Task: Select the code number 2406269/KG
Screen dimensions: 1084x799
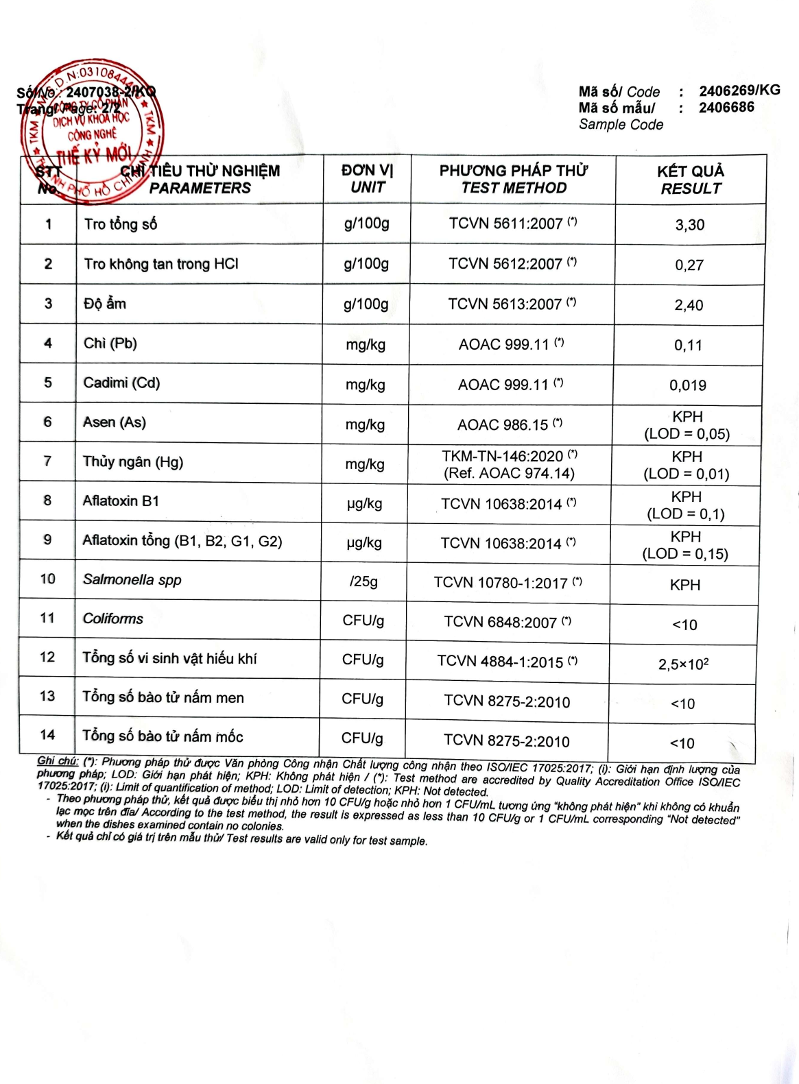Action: (x=739, y=91)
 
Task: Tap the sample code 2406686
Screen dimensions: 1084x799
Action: (x=726, y=108)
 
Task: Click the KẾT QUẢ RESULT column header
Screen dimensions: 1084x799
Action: (x=691, y=180)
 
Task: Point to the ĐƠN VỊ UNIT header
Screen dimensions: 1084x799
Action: (x=368, y=179)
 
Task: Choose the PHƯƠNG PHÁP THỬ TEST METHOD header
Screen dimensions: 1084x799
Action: (x=514, y=179)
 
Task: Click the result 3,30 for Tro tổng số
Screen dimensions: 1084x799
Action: (x=689, y=225)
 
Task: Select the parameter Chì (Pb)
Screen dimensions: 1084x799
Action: (x=110, y=343)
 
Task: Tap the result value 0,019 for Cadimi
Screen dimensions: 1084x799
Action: (x=688, y=385)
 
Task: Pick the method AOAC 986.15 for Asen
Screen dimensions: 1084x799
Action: (x=503, y=425)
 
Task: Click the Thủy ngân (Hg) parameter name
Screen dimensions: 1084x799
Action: (x=133, y=461)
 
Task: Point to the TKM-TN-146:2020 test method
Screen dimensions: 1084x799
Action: (x=503, y=456)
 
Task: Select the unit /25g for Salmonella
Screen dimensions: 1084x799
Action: (x=363, y=581)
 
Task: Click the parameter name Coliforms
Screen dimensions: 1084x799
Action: (x=113, y=618)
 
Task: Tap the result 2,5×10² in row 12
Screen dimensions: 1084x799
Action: (x=683, y=664)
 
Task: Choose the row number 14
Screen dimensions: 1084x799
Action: (x=47, y=735)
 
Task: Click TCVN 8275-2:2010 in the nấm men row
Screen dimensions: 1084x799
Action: (x=507, y=701)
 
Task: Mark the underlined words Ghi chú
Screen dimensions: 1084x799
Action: (x=58, y=760)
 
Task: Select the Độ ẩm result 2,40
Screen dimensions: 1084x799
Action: (x=689, y=305)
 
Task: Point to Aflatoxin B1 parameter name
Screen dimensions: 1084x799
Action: (x=121, y=501)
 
